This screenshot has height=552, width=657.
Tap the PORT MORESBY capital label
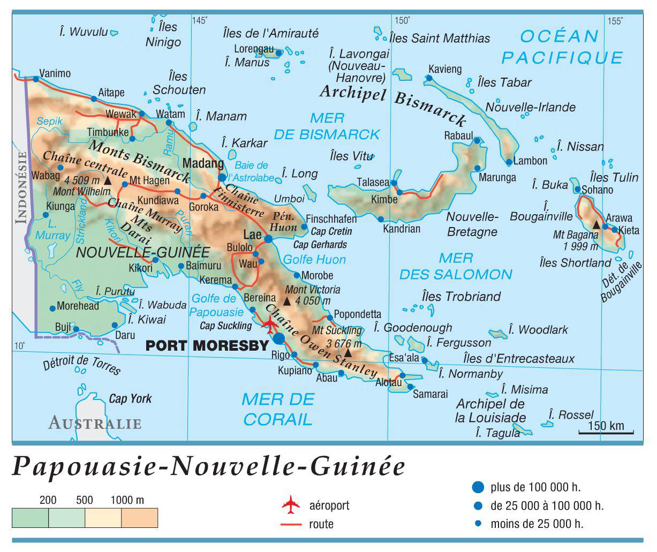(x=206, y=346)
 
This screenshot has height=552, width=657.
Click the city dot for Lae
(x=268, y=239)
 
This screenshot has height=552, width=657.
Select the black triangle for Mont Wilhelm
(x=108, y=181)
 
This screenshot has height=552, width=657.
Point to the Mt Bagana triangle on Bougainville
(x=596, y=224)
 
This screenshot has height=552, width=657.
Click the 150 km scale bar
(x=606, y=432)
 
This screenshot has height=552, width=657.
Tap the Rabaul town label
(x=458, y=135)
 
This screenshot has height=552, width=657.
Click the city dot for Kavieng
(x=429, y=78)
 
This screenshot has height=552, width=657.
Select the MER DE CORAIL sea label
(x=277, y=409)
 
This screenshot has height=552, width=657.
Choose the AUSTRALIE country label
(x=95, y=424)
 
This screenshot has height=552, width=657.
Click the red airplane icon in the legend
(x=291, y=504)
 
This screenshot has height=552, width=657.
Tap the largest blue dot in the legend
(x=478, y=487)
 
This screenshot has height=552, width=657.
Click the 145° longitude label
(x=199, y=21)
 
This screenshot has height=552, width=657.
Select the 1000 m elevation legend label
(x=127, y=501)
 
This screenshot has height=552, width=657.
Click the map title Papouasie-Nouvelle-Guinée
(x=208, y=466)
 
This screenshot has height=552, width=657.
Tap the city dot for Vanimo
(x=35, y=79)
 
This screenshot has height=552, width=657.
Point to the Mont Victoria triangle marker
(x=286, y=301)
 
